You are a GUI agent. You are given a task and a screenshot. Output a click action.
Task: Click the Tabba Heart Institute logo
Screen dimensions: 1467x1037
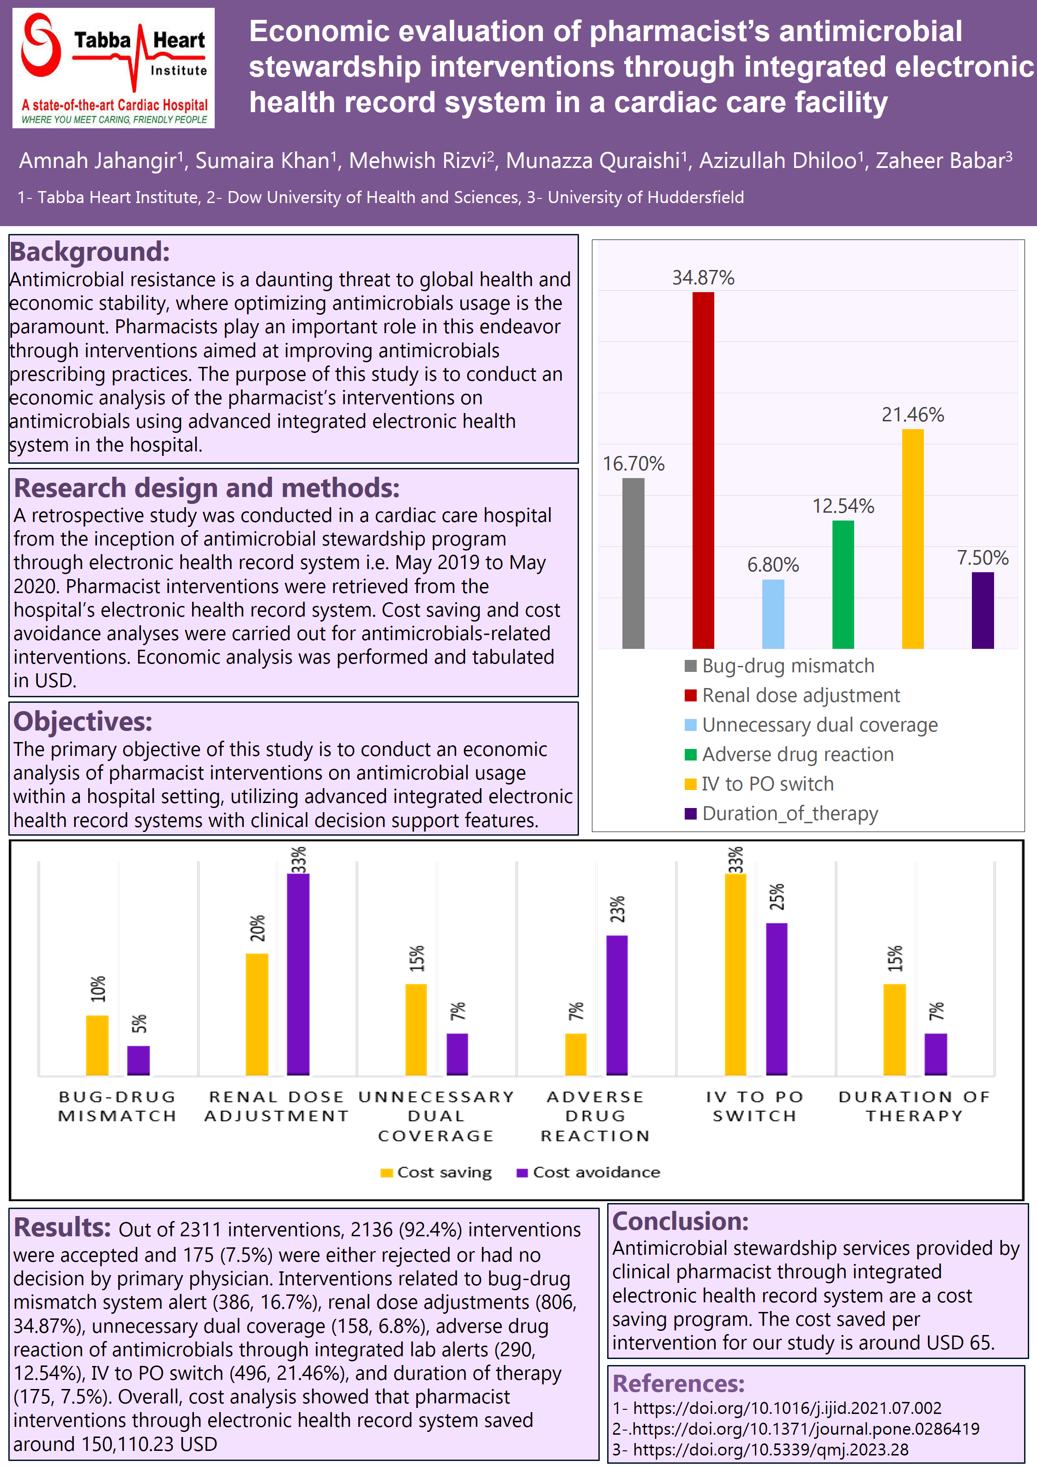click(x=113, y=68)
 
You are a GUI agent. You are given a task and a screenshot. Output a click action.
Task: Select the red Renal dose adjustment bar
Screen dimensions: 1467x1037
click(x=703, y=470)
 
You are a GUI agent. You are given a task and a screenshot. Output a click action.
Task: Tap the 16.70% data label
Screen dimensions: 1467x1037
click(x=633, y=464)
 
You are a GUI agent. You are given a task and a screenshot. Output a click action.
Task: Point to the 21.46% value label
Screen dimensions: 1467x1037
click(x=912, y=415)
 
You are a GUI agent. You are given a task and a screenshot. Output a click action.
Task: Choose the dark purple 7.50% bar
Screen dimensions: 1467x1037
click(x=982, y=610)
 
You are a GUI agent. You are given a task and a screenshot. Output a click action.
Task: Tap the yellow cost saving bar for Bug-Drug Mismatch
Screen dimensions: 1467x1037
click(x=97, y=1045)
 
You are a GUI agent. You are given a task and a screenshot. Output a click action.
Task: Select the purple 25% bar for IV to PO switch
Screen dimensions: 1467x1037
click(x=776, y=999)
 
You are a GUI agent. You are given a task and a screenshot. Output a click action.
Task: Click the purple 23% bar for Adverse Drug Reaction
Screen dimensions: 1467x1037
click(x=616, y=1005)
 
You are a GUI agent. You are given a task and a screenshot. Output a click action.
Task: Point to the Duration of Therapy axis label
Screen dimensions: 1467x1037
click(x=914, y=1107)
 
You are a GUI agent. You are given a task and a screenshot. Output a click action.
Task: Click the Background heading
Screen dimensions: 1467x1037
click(x=90, y=252)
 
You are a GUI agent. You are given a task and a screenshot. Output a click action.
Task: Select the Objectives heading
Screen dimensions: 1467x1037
click(x=83, y=721)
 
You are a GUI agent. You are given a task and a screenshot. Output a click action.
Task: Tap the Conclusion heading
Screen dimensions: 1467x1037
click(x=680, y=1221)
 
